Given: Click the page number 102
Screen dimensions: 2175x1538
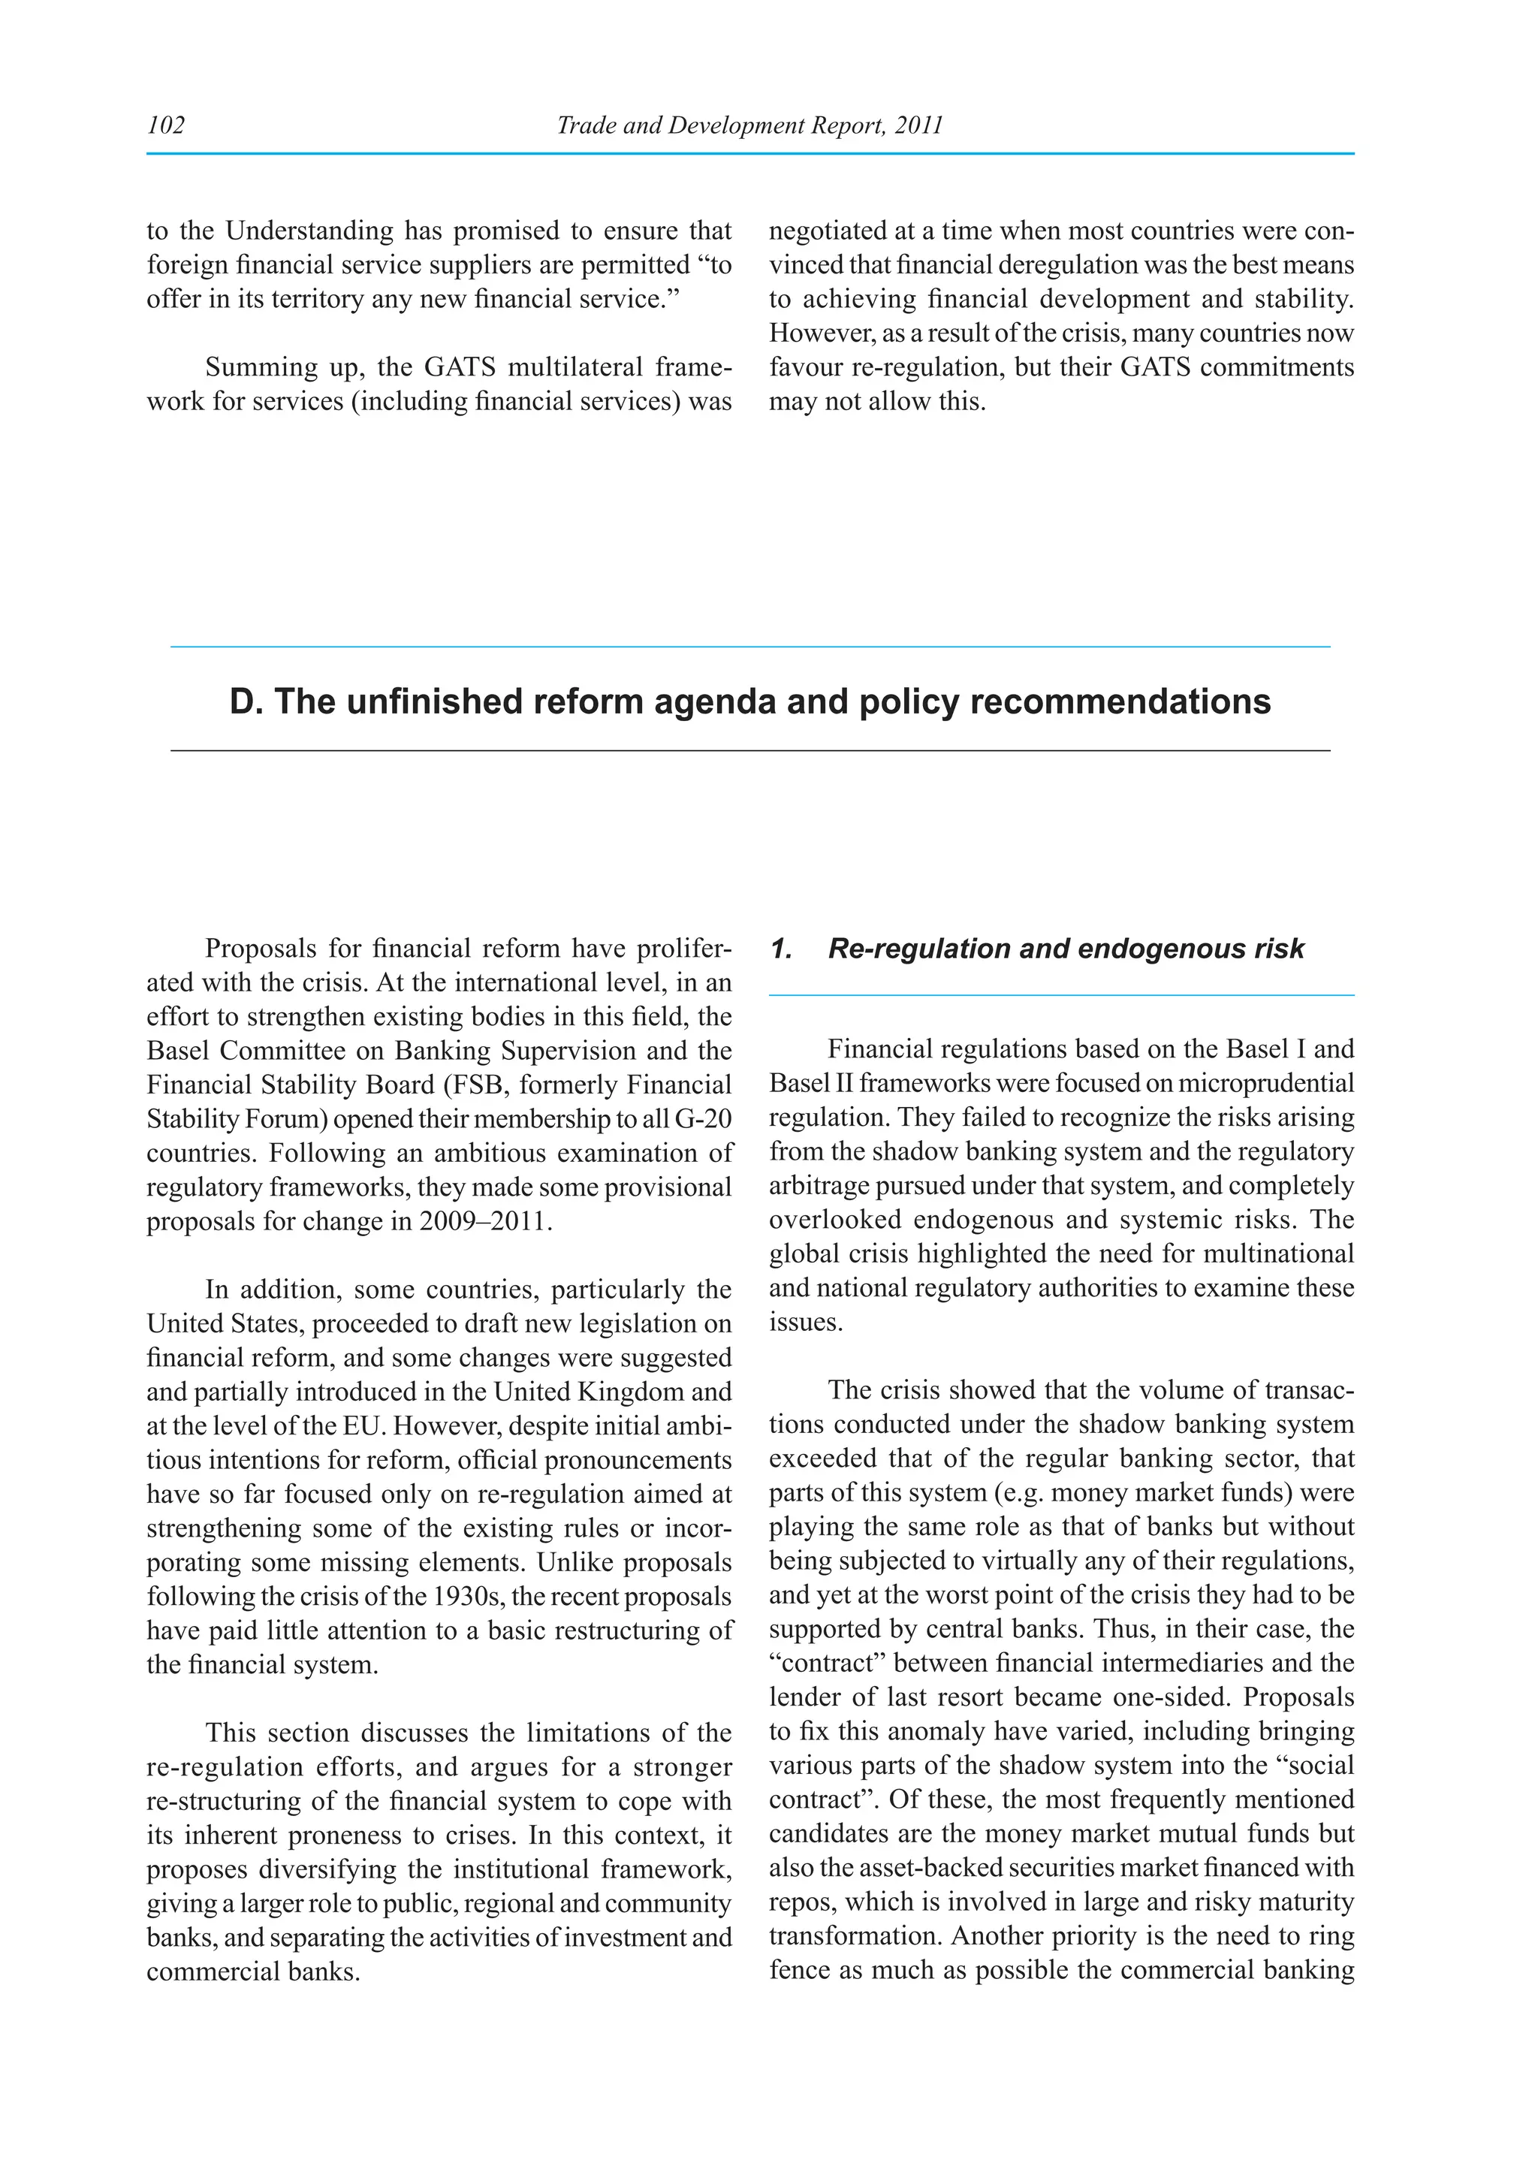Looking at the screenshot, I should tap(166, 125).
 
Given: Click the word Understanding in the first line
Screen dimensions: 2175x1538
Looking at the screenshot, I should tap(309, 231).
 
